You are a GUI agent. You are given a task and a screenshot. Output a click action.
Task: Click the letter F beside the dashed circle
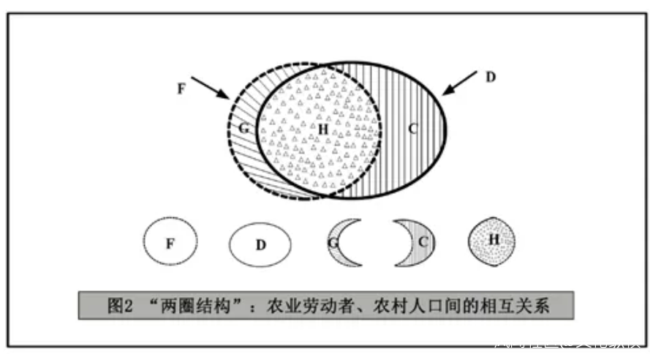coord(182,88)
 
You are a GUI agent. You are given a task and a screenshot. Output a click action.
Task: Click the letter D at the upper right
coord(491,77)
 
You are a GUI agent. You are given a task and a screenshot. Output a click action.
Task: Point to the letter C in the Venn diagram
coord(412,130)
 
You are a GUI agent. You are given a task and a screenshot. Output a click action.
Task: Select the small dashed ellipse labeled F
coord(170,244)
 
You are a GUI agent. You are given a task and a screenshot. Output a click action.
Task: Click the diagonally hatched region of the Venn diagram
coord(246,157)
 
